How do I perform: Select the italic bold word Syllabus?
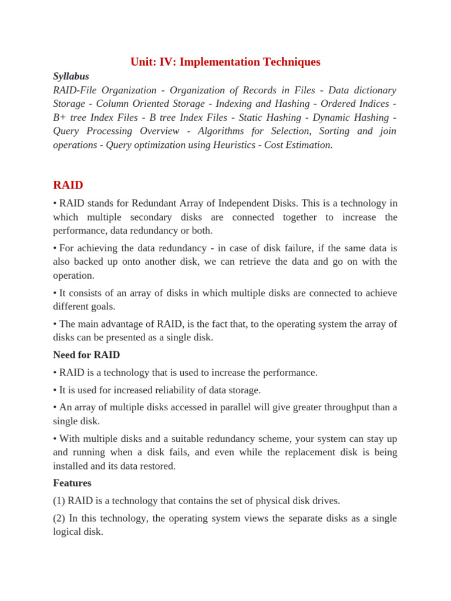pyautogui.click(x=71, y=76)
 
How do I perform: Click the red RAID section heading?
pyautogui.click(x=68, y=185)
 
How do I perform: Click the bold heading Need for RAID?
pyautogui.click(x=86, y=354)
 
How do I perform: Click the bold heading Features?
pyautogui.click(x=72, y=483)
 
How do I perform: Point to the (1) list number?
pyautogui.click(x=59, y=501)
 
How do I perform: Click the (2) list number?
pyautogui.click(x=59, y=518)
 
